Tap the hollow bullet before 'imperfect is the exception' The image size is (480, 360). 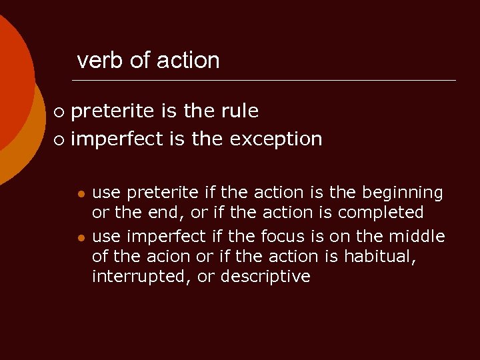pos(60,140)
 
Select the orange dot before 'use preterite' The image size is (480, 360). pos(80,194)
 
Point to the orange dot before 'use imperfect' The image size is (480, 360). pos(80,238)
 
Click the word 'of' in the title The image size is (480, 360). pos(140,61)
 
